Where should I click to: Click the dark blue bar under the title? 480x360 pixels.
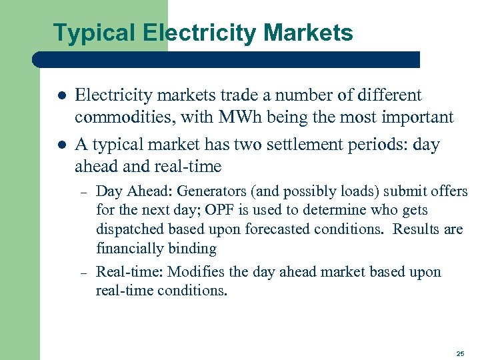click(227, 59)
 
